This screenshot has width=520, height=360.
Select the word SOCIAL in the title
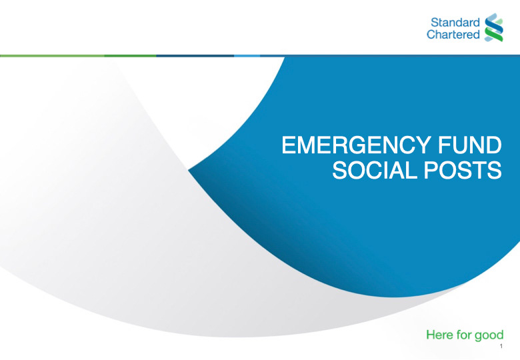(x=374, y=171)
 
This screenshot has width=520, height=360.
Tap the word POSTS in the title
(x=463, y=171)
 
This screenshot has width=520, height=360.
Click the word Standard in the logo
(x=455, y=23)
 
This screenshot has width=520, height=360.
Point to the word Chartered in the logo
(x=453, y=34)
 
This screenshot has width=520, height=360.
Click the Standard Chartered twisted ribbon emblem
(x=494, y=27)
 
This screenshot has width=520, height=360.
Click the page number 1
(x=501, y=347)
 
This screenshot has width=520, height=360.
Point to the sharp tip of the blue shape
(x=189, y=171)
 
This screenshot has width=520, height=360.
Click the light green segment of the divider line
(x=52, y=56)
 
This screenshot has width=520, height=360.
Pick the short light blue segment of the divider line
(x=247, y=56)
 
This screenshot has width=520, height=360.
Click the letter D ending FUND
(x=493, y=145)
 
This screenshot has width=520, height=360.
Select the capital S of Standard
(x=435, y=23)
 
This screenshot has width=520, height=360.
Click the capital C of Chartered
(x=431, y=34)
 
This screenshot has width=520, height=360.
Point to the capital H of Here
(x=431, y=335)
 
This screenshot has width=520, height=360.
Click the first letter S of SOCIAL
(x=339, y=171)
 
